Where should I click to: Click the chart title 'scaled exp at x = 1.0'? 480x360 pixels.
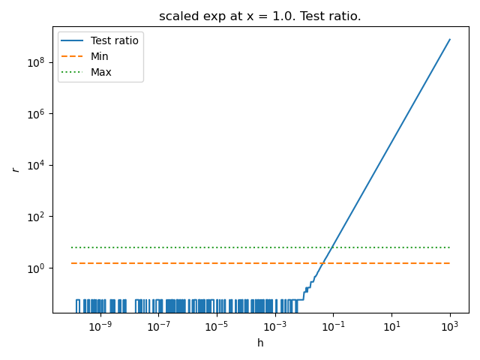[259, 16]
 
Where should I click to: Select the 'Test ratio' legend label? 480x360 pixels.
[114, 40]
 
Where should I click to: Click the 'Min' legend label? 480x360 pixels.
[99, 56]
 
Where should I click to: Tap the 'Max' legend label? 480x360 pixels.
[100, 72]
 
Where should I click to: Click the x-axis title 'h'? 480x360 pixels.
[260, 343]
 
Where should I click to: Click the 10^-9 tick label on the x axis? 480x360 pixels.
[100, 325]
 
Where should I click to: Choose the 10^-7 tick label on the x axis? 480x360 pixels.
[158, 325]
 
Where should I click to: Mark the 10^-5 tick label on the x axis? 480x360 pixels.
[217, 325]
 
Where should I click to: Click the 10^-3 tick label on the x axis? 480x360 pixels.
[275, 325]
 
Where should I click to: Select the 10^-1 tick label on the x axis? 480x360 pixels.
[333, 325]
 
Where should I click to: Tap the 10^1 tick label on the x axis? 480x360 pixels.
[391, 325]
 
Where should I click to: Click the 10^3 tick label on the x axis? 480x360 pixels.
[450, 325]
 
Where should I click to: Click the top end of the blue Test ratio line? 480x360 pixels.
[450, 39]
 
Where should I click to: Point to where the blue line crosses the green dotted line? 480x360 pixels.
[331, 247]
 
